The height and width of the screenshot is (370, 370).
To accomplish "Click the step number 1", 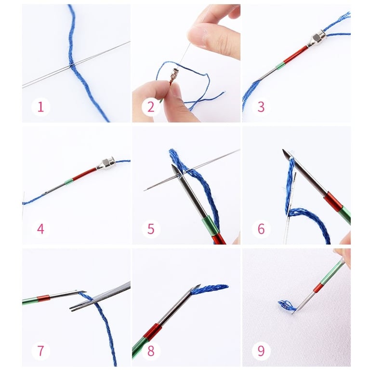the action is click(40, 107).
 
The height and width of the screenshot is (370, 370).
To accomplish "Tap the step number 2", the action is click(151, 107).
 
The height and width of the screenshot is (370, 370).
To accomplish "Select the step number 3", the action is click(261, 107).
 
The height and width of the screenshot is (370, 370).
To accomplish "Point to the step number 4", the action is click(40, 229).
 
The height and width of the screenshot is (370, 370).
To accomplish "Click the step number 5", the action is click(151, 229).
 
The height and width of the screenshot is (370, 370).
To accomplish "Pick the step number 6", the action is click(261, 229).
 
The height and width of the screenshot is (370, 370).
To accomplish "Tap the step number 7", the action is click(40, 351).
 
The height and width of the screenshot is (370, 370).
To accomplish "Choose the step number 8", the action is click(151, 351).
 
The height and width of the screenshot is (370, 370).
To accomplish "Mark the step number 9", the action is click(261, 351).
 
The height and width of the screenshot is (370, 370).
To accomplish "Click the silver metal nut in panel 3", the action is click(317, 39).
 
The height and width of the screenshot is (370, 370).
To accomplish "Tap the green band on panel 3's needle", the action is click(280, 66).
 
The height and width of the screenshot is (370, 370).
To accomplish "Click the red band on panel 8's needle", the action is click(153, 332).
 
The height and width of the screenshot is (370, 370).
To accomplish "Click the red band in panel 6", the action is click(333, 201).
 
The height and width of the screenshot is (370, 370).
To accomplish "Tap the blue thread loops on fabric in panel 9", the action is click(287, 305).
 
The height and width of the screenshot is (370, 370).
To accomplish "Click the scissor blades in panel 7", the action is click(100, 297).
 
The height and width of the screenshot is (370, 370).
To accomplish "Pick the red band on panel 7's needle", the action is click(43, 299).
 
